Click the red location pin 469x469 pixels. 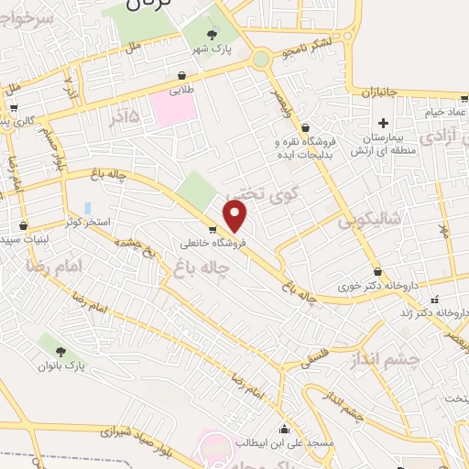[x=236, y=217]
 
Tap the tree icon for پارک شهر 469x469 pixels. [x=212, y=35]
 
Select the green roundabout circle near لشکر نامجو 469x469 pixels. [x=262, y=60]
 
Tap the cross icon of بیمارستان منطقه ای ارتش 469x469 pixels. [x=384, y=123]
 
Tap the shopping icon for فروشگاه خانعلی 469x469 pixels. [x=213, y=230]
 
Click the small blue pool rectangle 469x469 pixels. [x=87, y=209]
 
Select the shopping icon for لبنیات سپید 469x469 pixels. [x=23, y=225]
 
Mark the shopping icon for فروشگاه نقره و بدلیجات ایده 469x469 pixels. [x=305, y=128]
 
